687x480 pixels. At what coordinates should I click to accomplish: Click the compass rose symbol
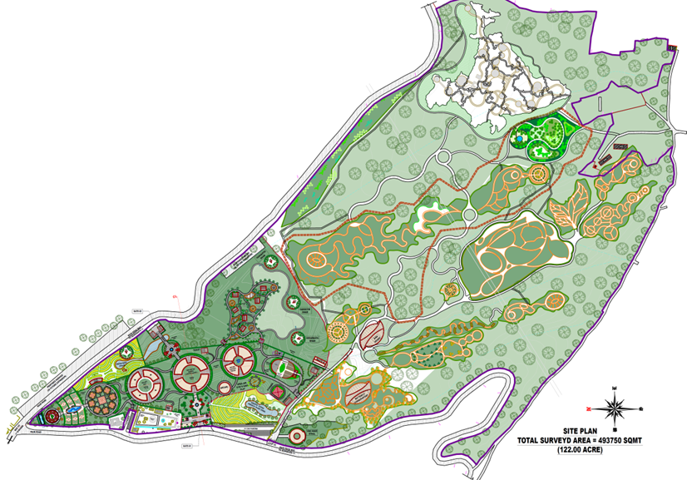click(616, 408)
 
